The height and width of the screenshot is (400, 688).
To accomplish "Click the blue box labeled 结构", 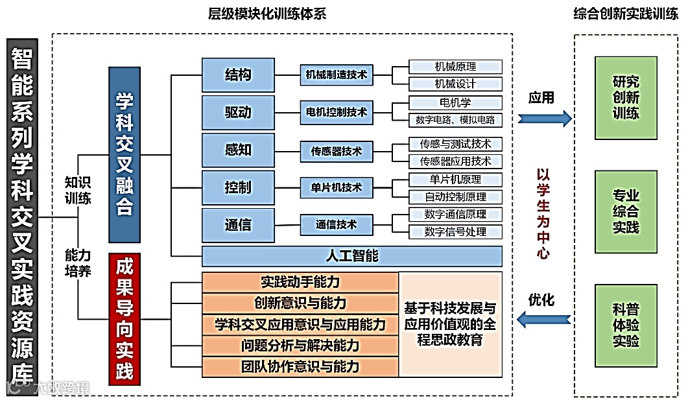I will [238, 75].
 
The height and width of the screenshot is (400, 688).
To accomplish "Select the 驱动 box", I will [238, 112].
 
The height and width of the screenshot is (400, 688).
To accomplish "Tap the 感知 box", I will [238, 150].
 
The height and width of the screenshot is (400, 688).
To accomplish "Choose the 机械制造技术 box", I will [337, 75].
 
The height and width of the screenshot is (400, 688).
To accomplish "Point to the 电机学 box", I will [455, 102].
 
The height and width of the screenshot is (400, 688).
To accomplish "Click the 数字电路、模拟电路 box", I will [455, 119].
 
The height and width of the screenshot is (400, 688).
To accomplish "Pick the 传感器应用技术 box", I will [455, 161].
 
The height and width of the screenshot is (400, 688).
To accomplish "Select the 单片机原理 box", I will [455, 180].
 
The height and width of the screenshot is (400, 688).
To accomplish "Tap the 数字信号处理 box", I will [455, 231].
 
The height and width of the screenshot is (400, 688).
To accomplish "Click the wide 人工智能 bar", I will [351, 256].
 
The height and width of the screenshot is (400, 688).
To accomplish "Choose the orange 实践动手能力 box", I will [300, 282].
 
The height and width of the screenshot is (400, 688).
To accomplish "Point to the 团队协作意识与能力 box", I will [300, 367].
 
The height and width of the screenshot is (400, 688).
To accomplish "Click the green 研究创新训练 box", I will [626, 98].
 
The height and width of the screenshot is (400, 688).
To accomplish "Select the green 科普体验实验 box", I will [626, 325].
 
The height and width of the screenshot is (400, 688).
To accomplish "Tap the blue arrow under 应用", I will [545, 119].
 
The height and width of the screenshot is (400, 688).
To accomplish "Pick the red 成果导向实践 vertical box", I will [125, 319].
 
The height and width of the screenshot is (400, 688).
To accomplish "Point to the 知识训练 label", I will [78, 190].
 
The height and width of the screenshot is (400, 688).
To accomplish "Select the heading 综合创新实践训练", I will [626, 14].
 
